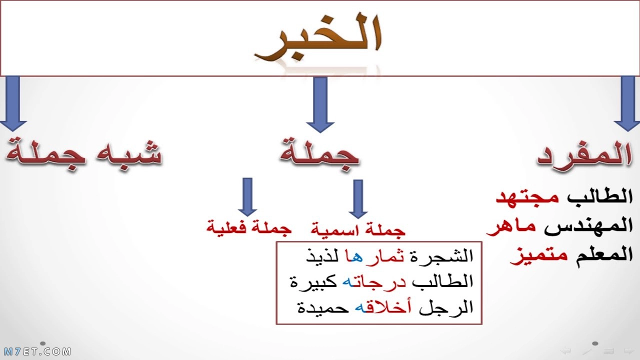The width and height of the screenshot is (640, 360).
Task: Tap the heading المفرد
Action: (584, 155)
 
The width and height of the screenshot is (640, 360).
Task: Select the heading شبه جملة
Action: (83, 155)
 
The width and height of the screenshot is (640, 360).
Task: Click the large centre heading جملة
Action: (319, 155)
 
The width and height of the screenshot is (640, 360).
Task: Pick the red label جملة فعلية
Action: (249, 227)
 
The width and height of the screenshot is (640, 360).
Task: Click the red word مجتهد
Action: (527, 197)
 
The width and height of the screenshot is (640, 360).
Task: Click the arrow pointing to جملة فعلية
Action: (247, 197)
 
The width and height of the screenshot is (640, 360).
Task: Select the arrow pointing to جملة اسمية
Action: (358, 199)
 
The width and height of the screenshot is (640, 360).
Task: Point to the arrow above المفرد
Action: (627, 104)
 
